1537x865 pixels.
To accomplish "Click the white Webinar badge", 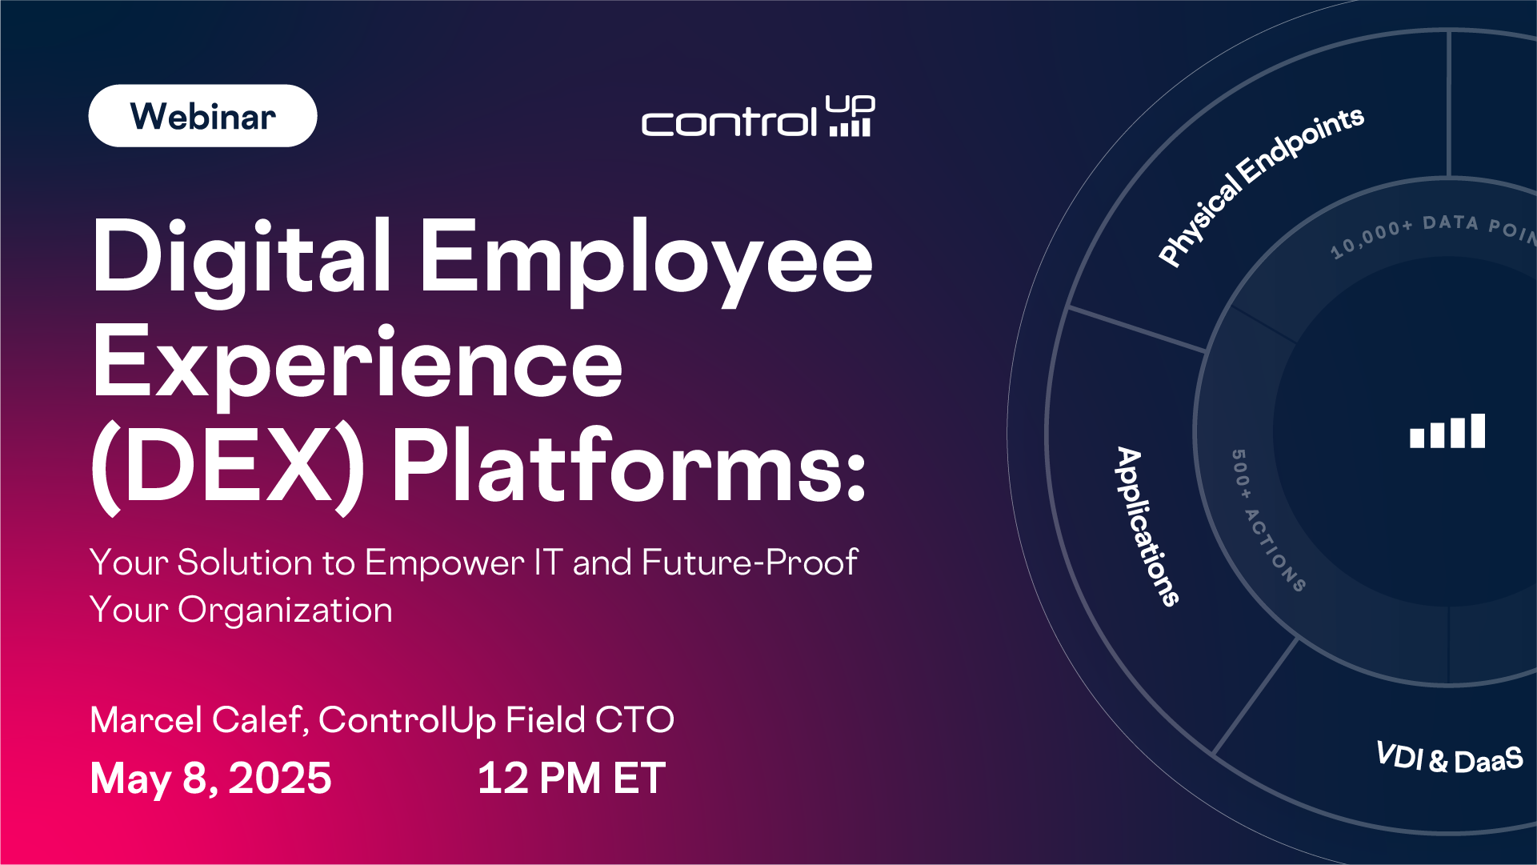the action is tap(202, 116).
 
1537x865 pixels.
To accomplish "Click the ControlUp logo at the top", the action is tap(758, 117).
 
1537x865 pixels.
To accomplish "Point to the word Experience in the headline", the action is tap(358, 364).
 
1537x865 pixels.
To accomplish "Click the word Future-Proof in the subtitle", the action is tap(750, 562).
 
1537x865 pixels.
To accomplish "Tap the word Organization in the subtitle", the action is tap(285, 611).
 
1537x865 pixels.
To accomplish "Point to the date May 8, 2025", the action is tap(210, 778).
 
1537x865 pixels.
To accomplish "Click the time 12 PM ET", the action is tap(571, 778).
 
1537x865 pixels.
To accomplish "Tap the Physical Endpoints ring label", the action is tap(1259, 186).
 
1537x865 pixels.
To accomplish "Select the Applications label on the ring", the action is tap(1147, 526).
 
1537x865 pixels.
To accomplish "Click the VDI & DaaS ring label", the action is tap(1449, 758).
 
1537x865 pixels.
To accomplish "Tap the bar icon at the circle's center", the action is tap(1447, 431).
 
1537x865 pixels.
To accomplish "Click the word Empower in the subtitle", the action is tap(445, 563).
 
